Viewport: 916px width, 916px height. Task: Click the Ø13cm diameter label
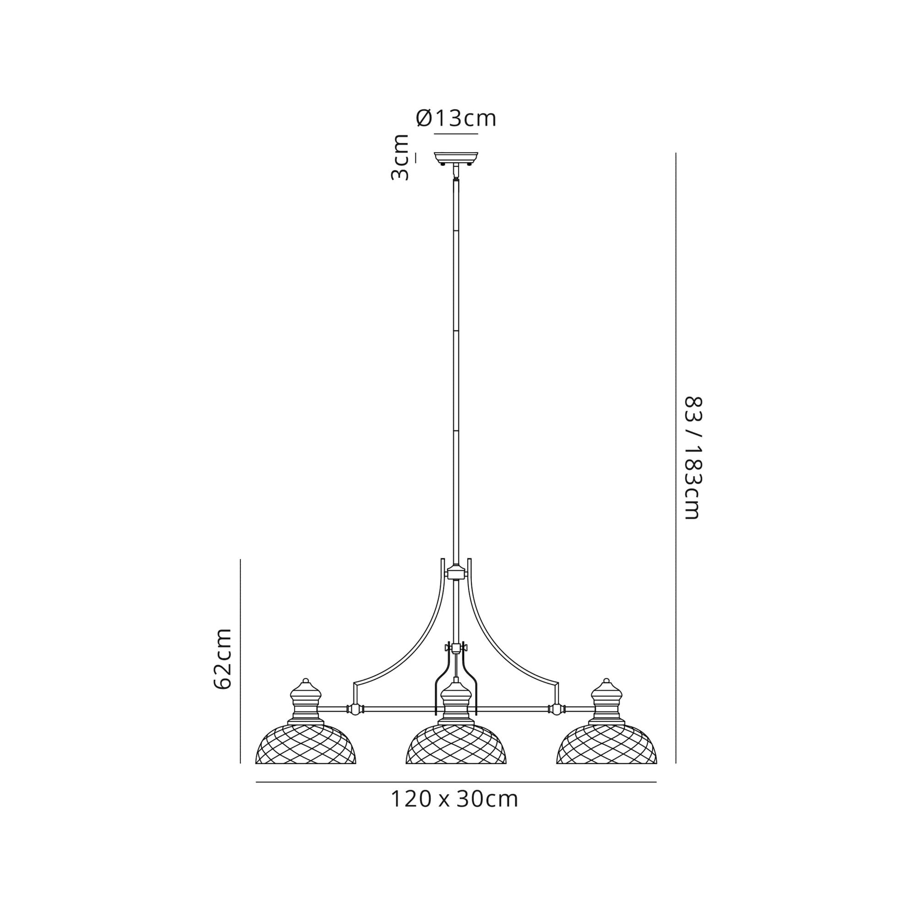click(456, 119)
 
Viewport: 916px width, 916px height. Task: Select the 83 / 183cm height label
click(692, 458)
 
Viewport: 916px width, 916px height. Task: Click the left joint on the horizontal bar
click(354, 723)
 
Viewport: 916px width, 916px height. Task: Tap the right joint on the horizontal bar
click(557, 723)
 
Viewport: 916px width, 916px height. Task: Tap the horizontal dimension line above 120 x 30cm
click(456, 782)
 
